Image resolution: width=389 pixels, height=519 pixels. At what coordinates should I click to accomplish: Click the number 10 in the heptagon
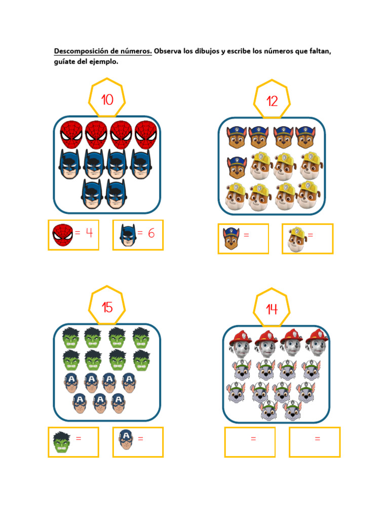(x=107, y=100)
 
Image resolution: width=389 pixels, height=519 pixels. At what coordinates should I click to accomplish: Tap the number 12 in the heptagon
(x=272, y=101)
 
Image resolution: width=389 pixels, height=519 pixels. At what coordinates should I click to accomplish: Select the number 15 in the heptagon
(x=107, y=307)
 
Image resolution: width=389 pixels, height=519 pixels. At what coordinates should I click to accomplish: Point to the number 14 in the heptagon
(x=272, y=309)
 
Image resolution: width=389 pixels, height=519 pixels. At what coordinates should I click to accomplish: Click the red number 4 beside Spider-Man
(x=89, y=233)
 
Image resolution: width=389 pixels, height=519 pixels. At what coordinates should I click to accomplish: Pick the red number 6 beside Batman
(x=151, y=233)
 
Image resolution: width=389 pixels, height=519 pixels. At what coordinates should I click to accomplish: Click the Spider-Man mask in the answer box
(x=62, y=235)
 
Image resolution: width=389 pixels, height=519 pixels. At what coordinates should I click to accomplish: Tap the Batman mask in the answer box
(x=128, y=235)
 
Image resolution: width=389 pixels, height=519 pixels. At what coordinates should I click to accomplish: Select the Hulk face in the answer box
(x=62, y=442)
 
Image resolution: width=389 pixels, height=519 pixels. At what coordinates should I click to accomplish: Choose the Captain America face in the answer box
(x=126, y=439)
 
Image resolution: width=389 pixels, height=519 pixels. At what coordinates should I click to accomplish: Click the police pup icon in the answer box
(x=231, y=238)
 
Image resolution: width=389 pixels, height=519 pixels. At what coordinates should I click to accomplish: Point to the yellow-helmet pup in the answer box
(x=297, y=239)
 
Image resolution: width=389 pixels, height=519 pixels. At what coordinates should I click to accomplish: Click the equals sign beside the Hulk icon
(x=79, y=438)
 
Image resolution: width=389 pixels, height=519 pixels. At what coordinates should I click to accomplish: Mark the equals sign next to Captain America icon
(x=141, y=438)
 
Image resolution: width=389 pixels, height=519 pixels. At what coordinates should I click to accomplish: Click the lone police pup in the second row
(x=237, y=167)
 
